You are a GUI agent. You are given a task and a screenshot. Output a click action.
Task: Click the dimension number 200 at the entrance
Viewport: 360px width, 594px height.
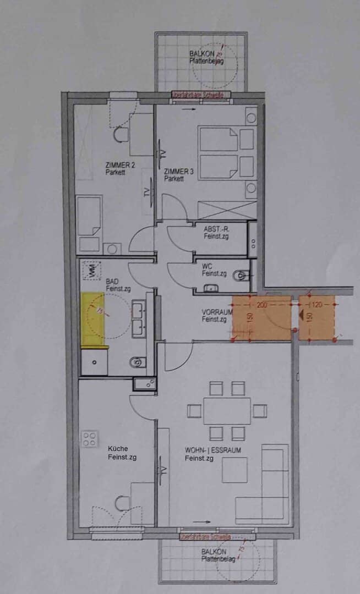[x=261, y=304]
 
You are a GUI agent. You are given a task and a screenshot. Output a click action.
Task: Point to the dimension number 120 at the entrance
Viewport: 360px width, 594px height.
[x=316, y=304]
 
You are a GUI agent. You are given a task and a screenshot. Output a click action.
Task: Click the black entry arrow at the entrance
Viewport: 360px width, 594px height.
[x=302, y=315]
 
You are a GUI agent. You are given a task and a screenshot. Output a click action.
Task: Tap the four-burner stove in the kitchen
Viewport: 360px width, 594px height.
[x=89, y=438]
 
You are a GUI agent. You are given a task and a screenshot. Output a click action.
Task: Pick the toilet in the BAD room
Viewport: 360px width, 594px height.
[x=138, y=361]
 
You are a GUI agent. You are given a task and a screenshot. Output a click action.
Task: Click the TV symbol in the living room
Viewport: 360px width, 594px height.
[x=162, y=471]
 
